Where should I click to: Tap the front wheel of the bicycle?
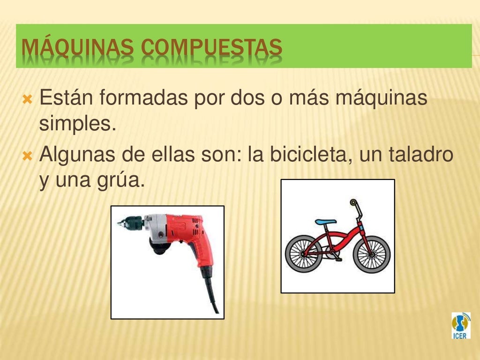click(371, 254)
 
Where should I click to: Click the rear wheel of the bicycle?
click(303, 254)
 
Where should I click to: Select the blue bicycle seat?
click(325, 222)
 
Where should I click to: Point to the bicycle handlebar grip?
click(353, 202)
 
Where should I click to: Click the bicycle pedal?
click(338, 259)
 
